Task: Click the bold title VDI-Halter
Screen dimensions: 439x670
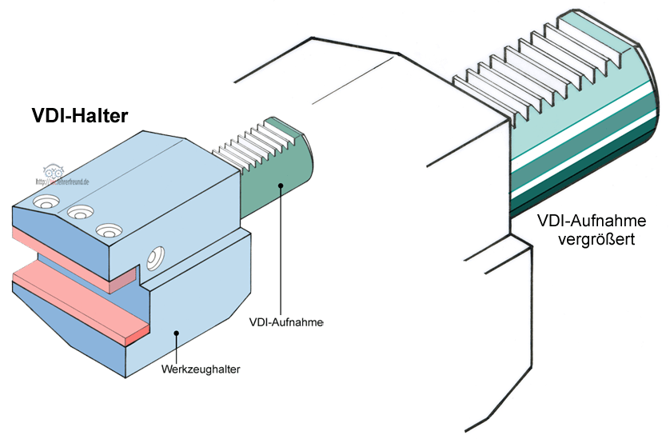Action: point(80,117)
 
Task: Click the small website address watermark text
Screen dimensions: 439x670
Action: point(62,182)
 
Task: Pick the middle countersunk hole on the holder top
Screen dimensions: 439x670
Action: point(78,212)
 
